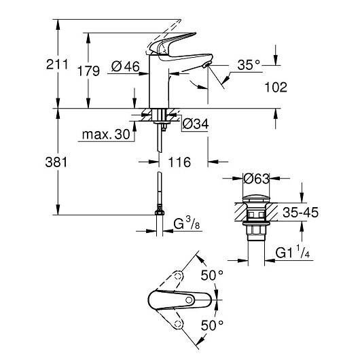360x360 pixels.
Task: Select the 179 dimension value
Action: click(x=90, y=71)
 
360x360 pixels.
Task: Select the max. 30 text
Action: click(x=105, y=134)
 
